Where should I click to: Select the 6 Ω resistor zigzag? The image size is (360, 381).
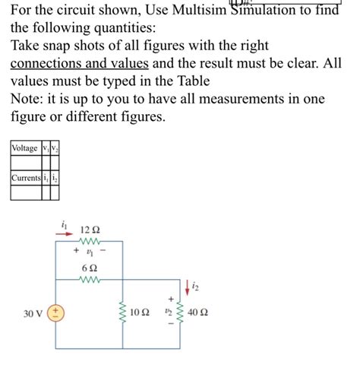(x=90, y=280)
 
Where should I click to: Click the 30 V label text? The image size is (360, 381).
(x=31, y=313)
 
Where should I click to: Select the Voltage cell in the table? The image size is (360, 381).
(x=25, y=148)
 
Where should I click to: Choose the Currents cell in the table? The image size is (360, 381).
(x=25, y=179)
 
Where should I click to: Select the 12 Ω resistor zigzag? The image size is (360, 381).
(x=90, y=240)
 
